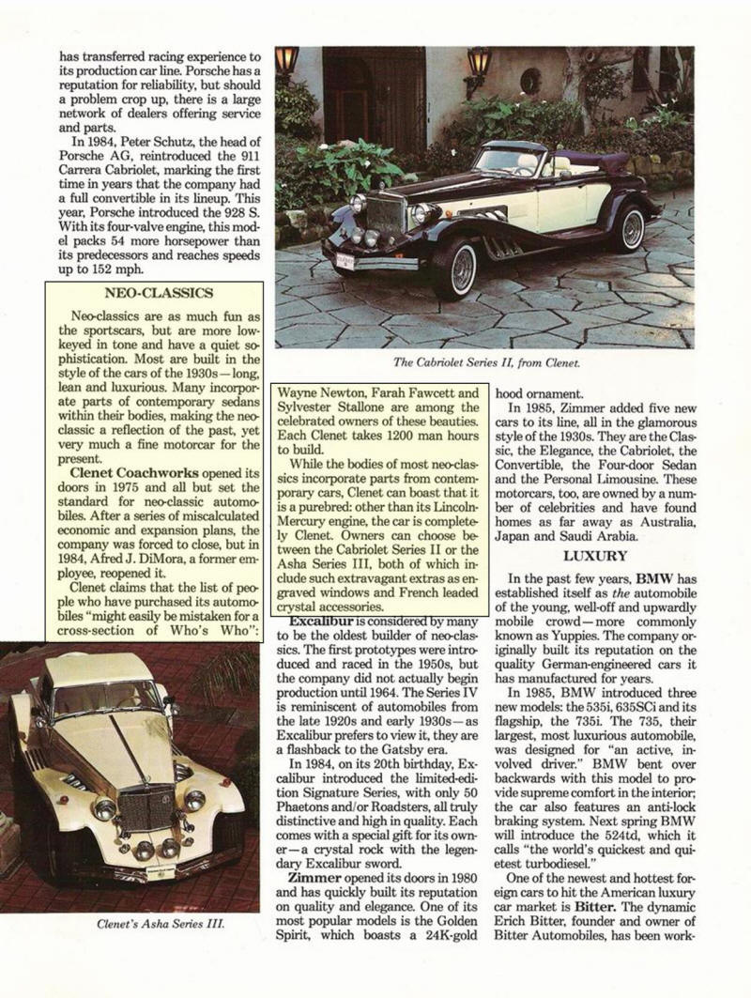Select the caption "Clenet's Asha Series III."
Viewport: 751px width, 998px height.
(161, 924)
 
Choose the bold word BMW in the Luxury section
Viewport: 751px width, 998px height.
(658, 578)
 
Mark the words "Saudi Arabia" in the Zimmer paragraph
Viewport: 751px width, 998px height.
(595, 536)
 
